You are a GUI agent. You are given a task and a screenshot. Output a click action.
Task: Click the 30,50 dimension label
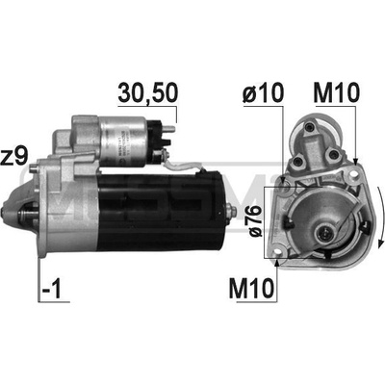[x=148, y=92]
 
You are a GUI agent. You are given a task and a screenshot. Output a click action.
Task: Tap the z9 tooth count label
[x=13, y=155]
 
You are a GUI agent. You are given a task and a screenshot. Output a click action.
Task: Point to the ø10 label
[x=264, y=92]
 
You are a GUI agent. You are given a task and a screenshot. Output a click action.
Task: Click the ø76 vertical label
[x=254, y=222]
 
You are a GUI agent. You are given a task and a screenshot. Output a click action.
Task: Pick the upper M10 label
[x=337, y=92]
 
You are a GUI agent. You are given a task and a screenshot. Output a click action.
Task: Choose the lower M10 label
[x=252, y=287]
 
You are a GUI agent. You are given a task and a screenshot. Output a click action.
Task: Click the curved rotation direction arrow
[x=380, y=217]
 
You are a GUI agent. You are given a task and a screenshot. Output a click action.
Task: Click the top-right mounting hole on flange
[x=353, y=173]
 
